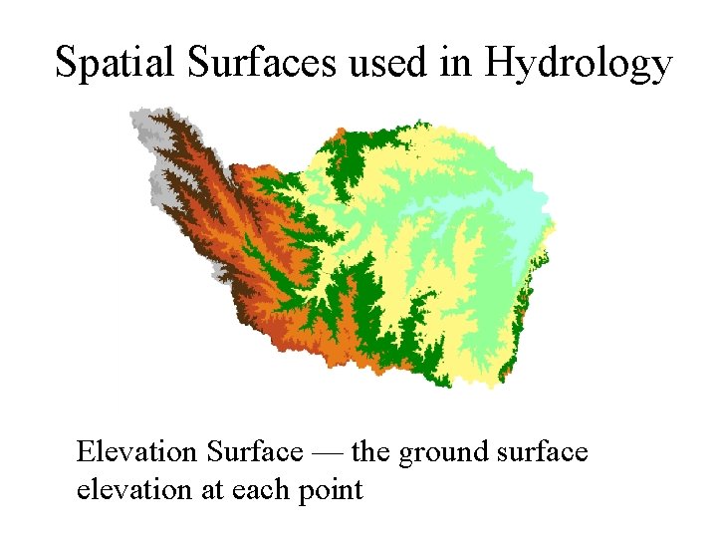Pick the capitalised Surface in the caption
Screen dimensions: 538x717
[x=254, y=452]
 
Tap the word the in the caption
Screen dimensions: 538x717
[x=371, y=452]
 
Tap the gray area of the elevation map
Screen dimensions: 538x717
[x=159, y=183]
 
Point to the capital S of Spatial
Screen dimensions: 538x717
[x=66, y=62]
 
